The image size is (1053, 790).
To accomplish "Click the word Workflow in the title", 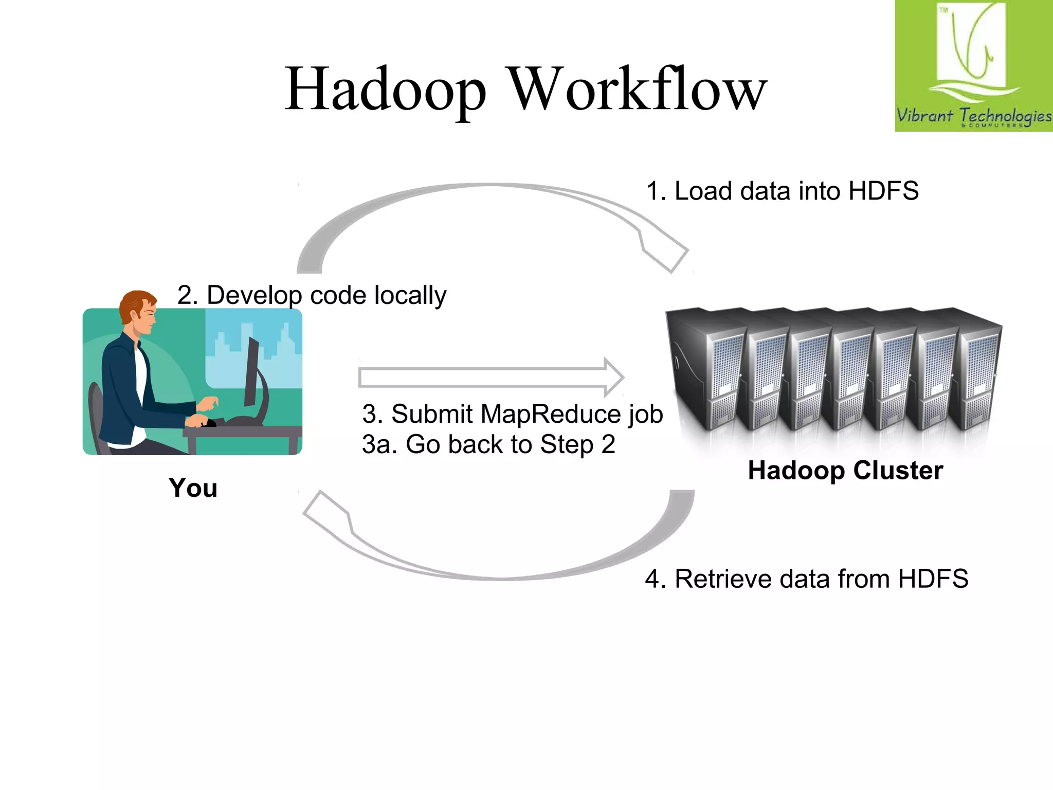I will [638, 89].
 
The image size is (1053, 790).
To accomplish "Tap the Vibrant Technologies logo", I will [973, 66].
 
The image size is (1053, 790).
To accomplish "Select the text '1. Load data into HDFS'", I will [782, 191].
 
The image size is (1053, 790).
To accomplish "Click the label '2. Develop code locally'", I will [312, 295].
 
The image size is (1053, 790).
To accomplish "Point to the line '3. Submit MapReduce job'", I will [512, 414].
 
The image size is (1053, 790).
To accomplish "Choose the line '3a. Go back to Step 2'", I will [488, 444].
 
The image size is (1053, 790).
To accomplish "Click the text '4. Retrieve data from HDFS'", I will [806, 579].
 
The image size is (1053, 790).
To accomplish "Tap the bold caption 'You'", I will [193, 488].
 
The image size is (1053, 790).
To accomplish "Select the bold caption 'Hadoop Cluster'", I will [845, 470].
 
